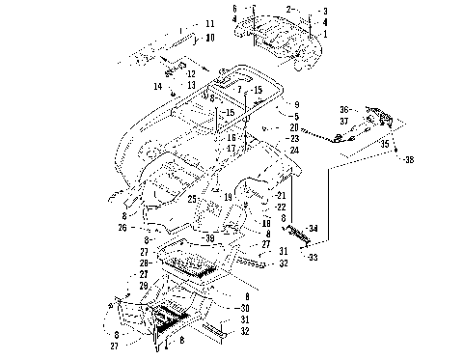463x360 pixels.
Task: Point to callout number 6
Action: pos(233,8)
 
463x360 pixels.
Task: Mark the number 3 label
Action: pos(325,11)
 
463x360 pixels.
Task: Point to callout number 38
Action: pos(409,158)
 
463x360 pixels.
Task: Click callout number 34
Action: pos(312,228)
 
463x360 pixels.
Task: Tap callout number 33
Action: pos(312,258)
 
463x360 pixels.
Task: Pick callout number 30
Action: pos(246,308)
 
